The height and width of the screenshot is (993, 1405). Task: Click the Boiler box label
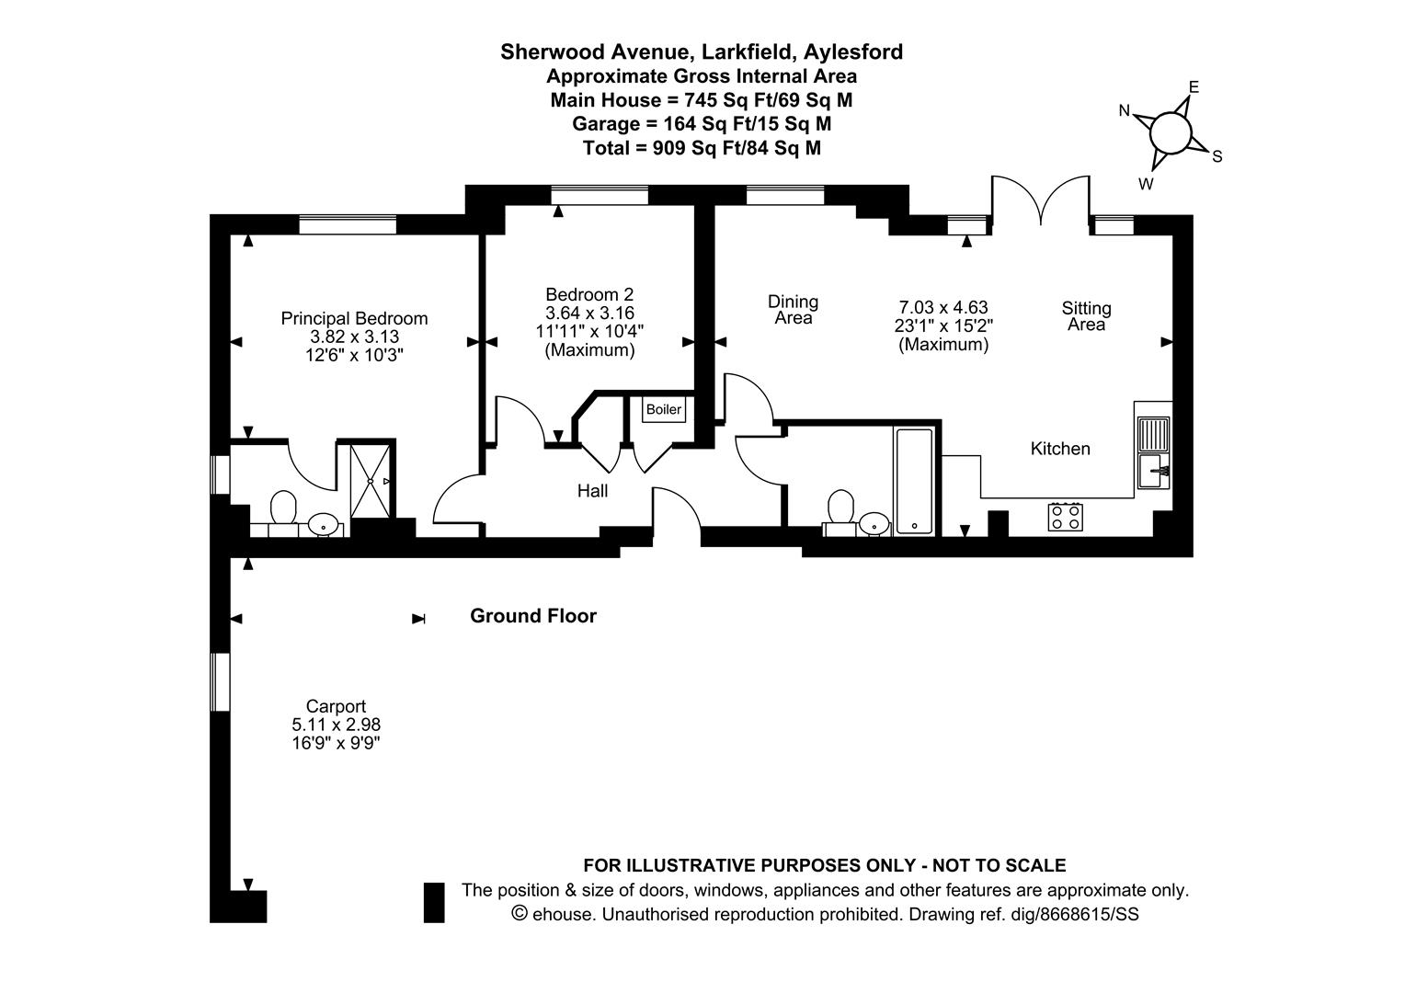point(663,409)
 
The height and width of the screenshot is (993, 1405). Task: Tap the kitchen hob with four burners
point(1065,517)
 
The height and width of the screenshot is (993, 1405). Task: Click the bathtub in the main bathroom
point(914,482)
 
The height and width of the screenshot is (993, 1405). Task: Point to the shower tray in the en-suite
point(373,480)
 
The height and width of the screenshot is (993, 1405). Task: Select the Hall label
point(592,491)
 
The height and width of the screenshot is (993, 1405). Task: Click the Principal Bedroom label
point(354,318)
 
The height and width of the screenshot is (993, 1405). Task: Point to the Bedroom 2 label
point(588,294)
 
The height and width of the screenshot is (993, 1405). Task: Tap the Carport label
point(336,706)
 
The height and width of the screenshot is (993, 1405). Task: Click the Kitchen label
point(1060,449)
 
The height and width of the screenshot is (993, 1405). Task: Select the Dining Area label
point(793,310)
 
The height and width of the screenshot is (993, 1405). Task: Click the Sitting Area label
point(1086,316)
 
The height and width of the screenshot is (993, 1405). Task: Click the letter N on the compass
point(1124,111)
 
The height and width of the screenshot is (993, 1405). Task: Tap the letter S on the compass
point(1217,156)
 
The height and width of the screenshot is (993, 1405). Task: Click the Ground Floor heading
point(533,616)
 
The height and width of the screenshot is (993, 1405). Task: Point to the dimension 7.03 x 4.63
point(942,307)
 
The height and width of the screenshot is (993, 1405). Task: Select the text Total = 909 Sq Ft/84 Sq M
point(702,147)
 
